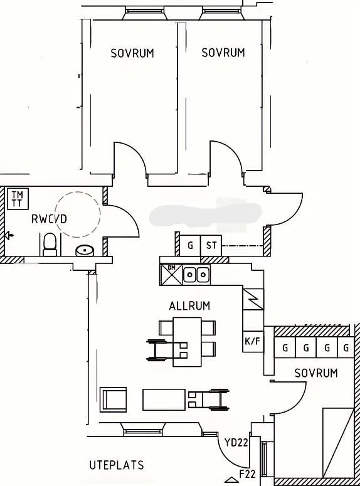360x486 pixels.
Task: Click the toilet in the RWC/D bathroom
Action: click(50, 243)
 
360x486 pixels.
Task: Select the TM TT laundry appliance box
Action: click(17, 199)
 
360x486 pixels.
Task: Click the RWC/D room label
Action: click(49, 219)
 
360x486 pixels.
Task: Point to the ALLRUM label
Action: click(189, 306)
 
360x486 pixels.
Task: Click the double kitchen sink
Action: click(196, 274)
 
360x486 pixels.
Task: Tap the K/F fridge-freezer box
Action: click(251, 342)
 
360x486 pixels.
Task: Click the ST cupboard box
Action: click(211, 246)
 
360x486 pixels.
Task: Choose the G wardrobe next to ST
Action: click(190, 246)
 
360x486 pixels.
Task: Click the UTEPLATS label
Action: click(116, 465)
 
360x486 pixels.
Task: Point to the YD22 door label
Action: click(236, 442)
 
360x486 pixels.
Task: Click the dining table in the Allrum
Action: click(188, 342)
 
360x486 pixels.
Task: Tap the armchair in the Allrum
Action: click(114, 399)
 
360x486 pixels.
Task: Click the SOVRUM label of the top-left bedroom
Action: click(132, 53)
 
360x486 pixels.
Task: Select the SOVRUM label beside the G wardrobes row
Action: click(316, 373)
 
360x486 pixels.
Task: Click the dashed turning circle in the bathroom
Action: click(77, 214)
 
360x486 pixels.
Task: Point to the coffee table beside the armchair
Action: click(164, 399)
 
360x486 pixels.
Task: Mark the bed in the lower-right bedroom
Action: click(341, 445)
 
